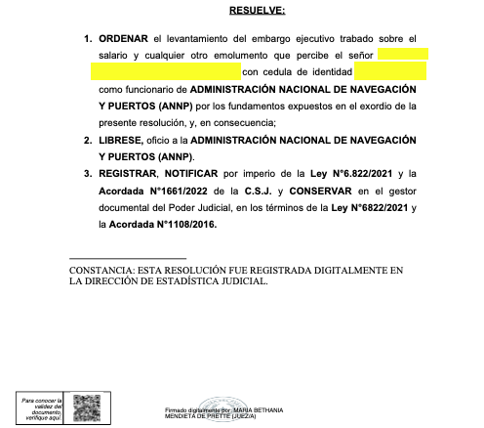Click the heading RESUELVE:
[258, 12]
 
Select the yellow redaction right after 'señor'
[401, 55]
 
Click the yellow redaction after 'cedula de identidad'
[390, 71]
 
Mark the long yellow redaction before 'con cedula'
[164, 71]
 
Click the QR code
[88, 406]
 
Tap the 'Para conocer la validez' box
[41, 406]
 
